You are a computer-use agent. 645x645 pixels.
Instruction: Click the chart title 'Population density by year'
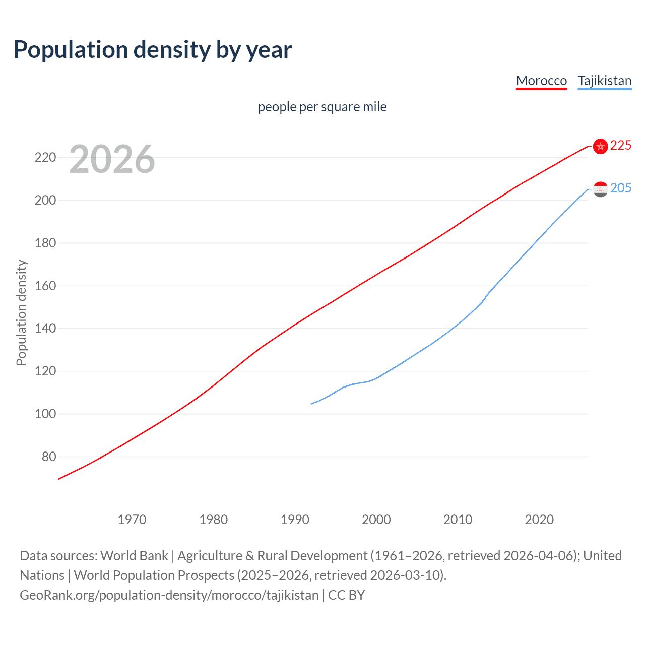(x=153, y=50)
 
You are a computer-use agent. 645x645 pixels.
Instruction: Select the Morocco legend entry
(x=541, y=81)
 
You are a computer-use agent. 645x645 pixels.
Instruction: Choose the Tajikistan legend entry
(x=604, y=81)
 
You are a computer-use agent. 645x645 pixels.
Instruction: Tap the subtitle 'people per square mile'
(x=322, y=107)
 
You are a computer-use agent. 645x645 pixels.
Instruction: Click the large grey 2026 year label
(x=112, y=159)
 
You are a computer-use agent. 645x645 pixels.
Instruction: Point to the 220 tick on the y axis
(x=45, y=158)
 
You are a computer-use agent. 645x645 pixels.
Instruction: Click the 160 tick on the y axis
(x=45, y=286)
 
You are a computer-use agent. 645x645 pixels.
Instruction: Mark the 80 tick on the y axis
(x=48, y=457)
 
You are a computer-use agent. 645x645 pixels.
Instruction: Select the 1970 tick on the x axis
(x=132, y=520)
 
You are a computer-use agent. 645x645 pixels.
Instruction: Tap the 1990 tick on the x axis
(x=295, y=520)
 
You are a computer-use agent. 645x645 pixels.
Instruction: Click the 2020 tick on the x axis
(x=539, y=520)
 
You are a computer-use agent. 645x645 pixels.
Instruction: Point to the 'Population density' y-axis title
(x=21, y=312)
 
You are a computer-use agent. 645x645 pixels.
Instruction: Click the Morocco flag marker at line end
(x=600, y=146)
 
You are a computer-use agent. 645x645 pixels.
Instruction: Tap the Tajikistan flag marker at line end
(x=600, y=189)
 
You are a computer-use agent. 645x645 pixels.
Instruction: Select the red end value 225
(x=620, y=146)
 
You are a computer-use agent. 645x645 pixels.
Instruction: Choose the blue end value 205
(x=620, y=188)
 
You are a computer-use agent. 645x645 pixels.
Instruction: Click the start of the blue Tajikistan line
(x=311, y=404)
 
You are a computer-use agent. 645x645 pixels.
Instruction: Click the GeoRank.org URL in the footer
(x=169, y=595)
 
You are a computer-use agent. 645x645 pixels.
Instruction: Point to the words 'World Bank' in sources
(x=134, y=556)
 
